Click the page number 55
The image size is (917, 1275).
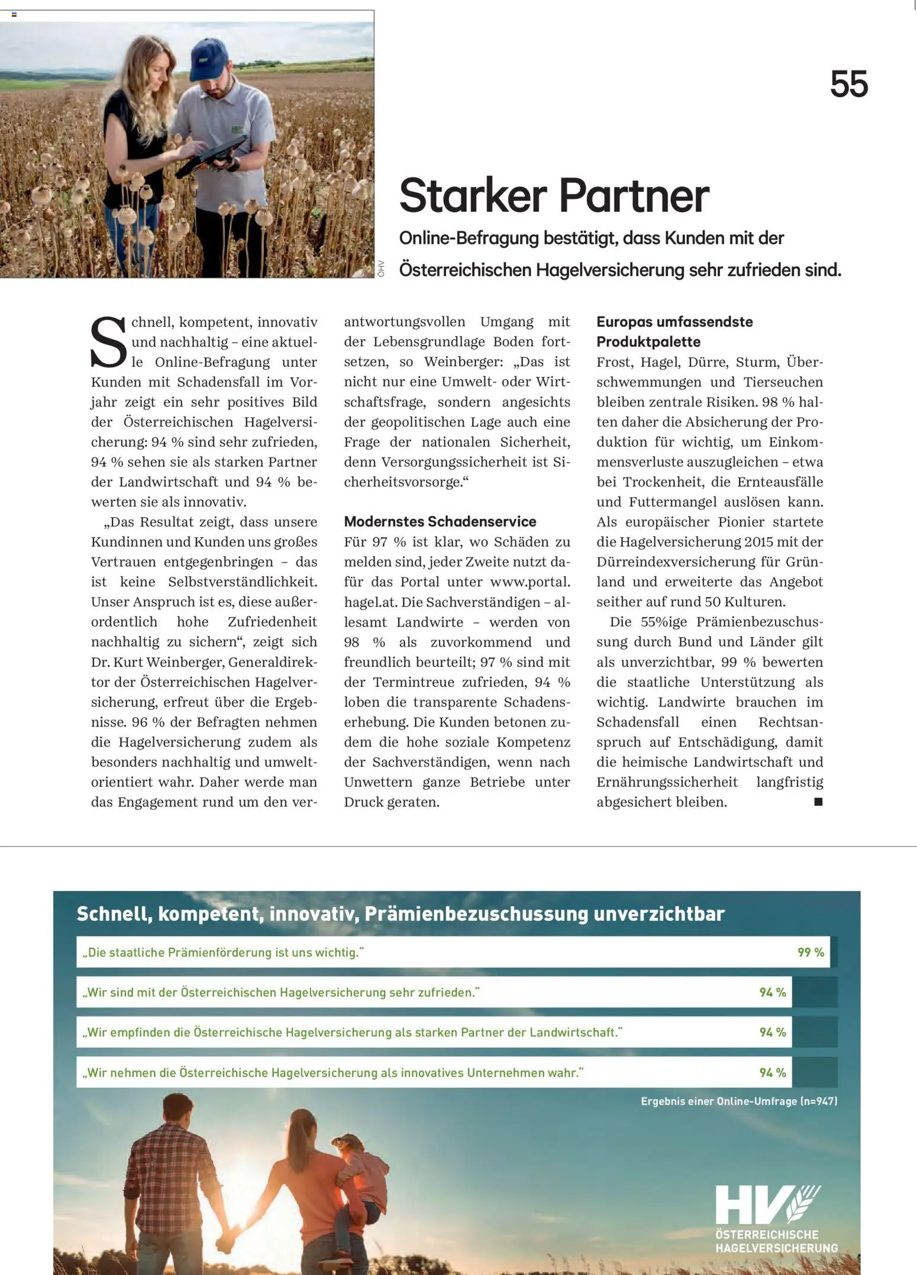[x=848, y=84]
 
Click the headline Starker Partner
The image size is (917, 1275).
[x=554, y=195]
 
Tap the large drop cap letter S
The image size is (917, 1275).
[x=108, y=343]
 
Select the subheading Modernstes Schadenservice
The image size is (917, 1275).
[x=440, y=521]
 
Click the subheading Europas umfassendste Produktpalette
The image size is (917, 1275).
[x=674, y=332]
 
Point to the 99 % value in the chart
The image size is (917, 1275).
[x=811, y=952]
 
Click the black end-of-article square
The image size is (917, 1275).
[x=818, y=802]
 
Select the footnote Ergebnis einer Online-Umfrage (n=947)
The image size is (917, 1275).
[x=739, y=1101]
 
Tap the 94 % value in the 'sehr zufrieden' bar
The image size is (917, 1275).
[x=773, y=992]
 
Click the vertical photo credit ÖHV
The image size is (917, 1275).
[x=381, y=268]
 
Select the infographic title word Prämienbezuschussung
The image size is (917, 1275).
[x=476, y=914]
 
